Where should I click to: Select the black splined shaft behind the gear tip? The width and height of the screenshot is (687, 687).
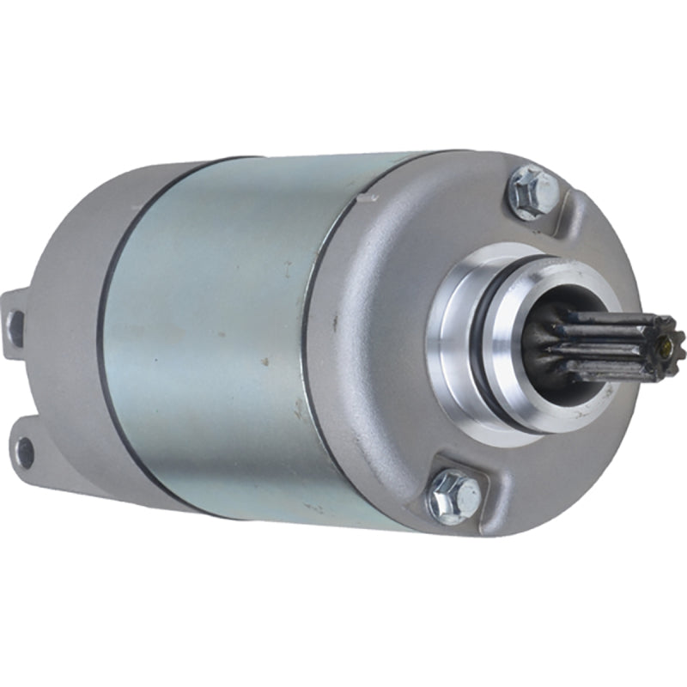(593, 343)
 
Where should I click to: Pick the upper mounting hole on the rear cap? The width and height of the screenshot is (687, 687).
(15, 325)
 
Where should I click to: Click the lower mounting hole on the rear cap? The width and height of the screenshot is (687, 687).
(26, 448)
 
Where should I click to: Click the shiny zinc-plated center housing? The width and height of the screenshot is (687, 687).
(215, 326)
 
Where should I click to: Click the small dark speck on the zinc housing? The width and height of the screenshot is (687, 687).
(264, 362)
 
